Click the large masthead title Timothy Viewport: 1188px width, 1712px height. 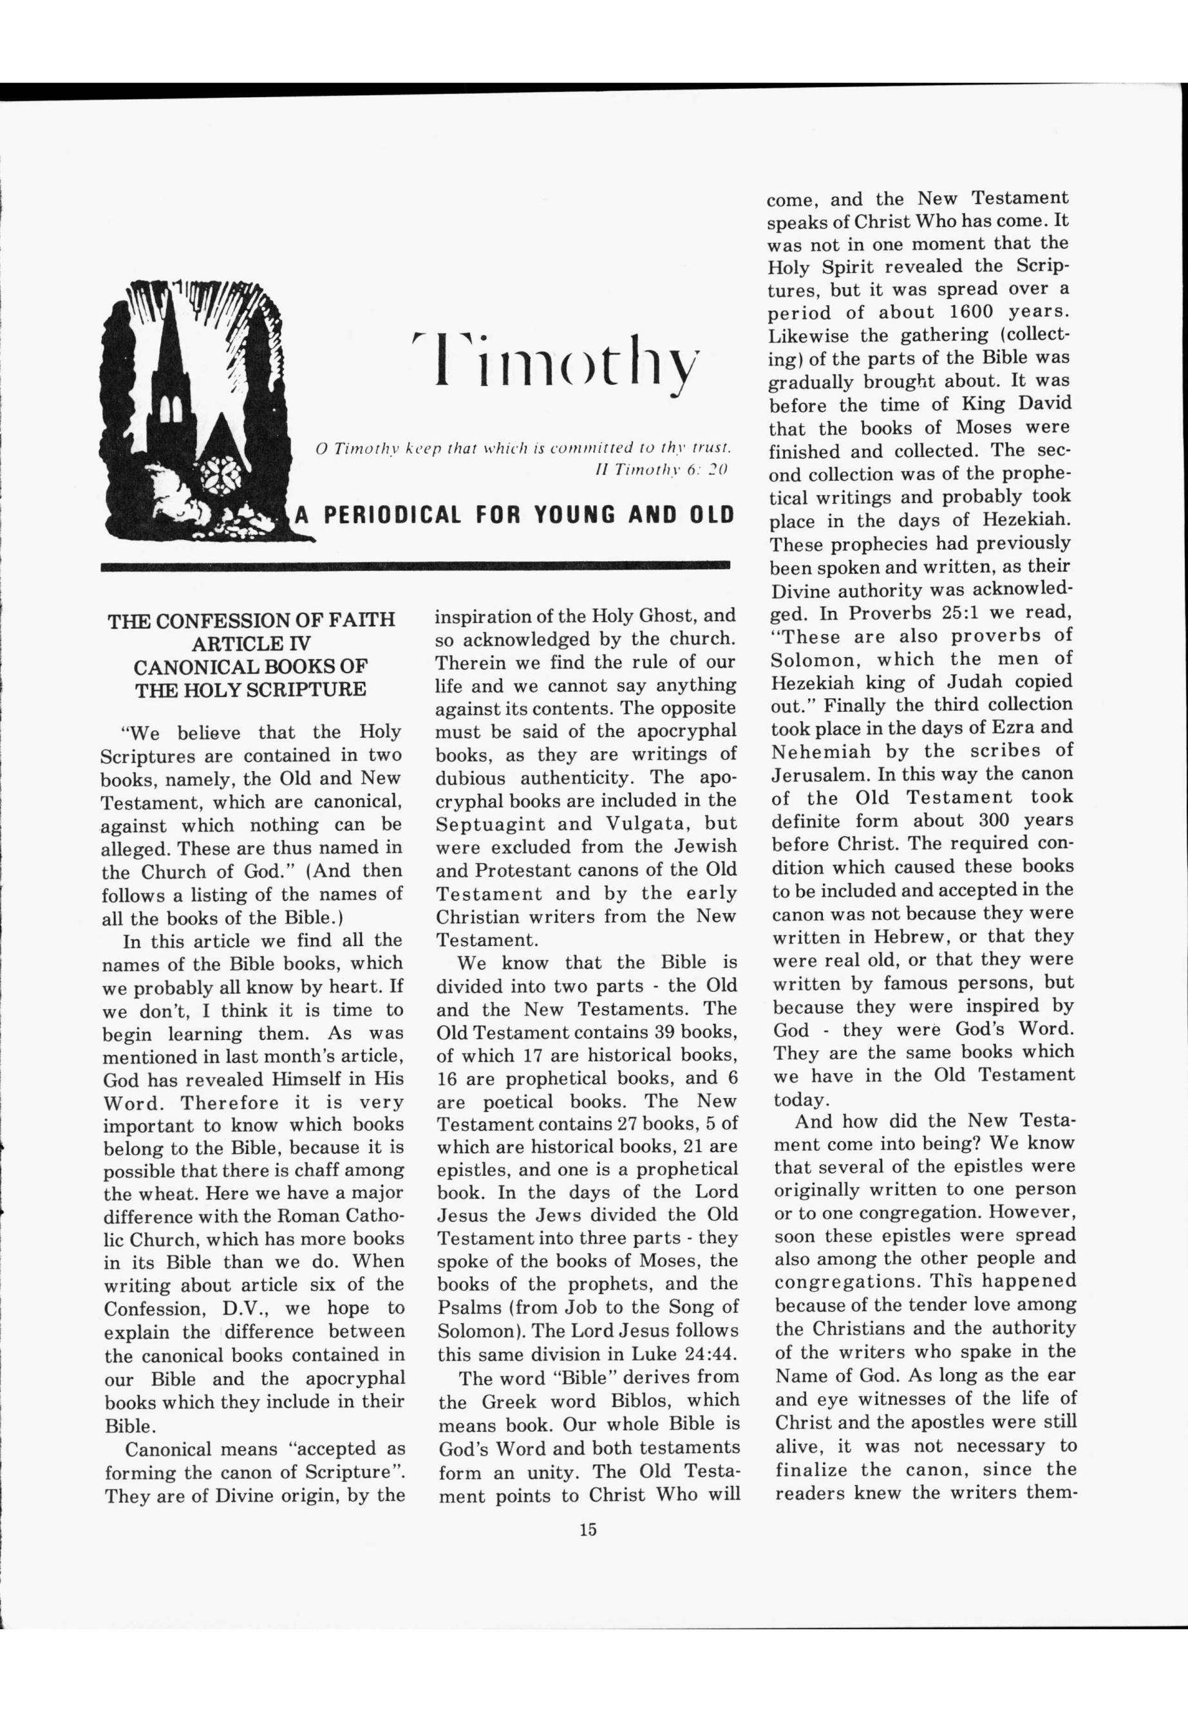555,360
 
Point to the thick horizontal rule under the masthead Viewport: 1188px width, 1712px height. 415,566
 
